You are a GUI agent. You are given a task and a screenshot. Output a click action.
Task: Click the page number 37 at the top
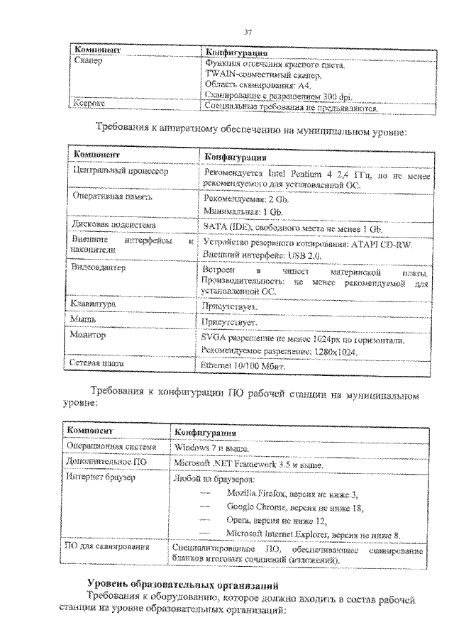248,32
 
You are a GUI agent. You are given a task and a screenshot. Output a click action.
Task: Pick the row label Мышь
84,320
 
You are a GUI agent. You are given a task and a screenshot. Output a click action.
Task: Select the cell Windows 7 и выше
206,448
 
